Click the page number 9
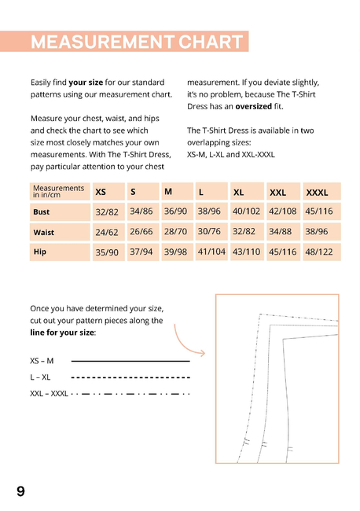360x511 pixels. point(20,491)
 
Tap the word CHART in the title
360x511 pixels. point(211,42)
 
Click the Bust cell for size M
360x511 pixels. point(176,211)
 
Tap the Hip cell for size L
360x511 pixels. point(211,252)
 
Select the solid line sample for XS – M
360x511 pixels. point(130,361)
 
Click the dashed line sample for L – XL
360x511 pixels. point(130,377)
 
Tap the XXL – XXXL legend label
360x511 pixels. point(49,394)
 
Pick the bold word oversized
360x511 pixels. point(253,107)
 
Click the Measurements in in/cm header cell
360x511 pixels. point(60,192)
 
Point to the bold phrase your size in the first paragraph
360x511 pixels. point(86,83)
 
